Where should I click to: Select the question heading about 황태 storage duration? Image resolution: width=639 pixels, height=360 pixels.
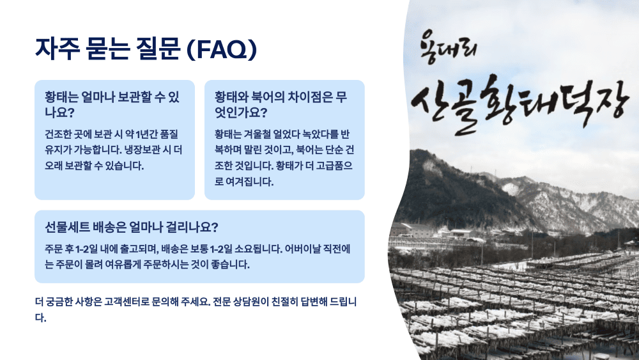pyautogui.click(x=112, y=105)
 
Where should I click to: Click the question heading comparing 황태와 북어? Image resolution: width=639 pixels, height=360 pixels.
pyautogui.click(x=281, y=105)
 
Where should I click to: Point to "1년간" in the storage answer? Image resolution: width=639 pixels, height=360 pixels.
pyautogui.click(x=139, y=135)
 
